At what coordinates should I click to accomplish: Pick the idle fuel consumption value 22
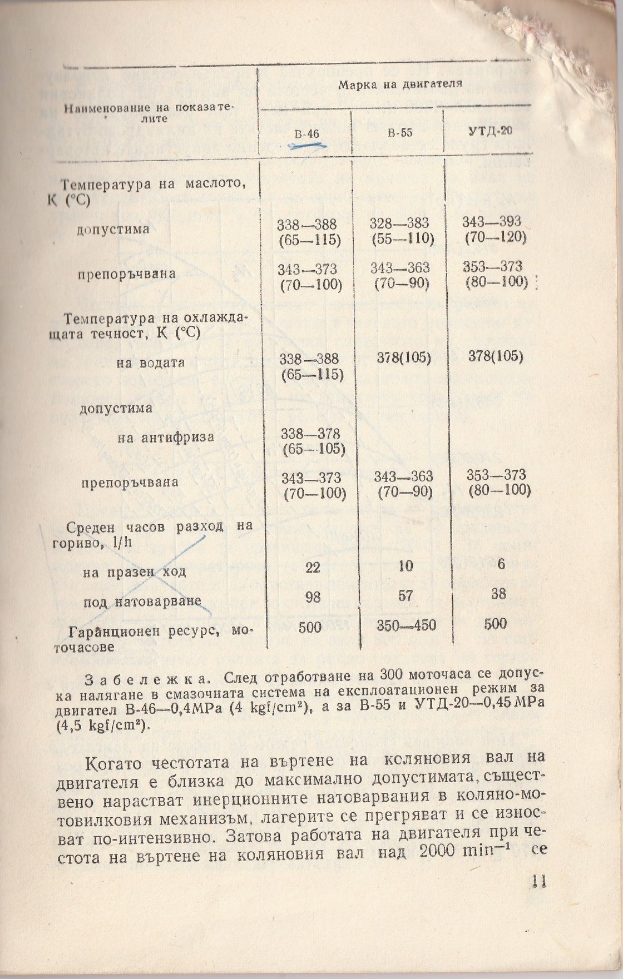coord(313,568)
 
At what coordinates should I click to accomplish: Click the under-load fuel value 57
coord(406,596)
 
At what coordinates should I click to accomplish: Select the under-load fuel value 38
coord(498,594)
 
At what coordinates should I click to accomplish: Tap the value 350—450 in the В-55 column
coord(406,625)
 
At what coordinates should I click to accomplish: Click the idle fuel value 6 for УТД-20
coord(501,564)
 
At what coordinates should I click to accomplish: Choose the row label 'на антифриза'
coord(166,437)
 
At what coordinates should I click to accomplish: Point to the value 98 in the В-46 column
coord(313,597)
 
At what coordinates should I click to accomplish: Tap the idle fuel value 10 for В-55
coord(406,566)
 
